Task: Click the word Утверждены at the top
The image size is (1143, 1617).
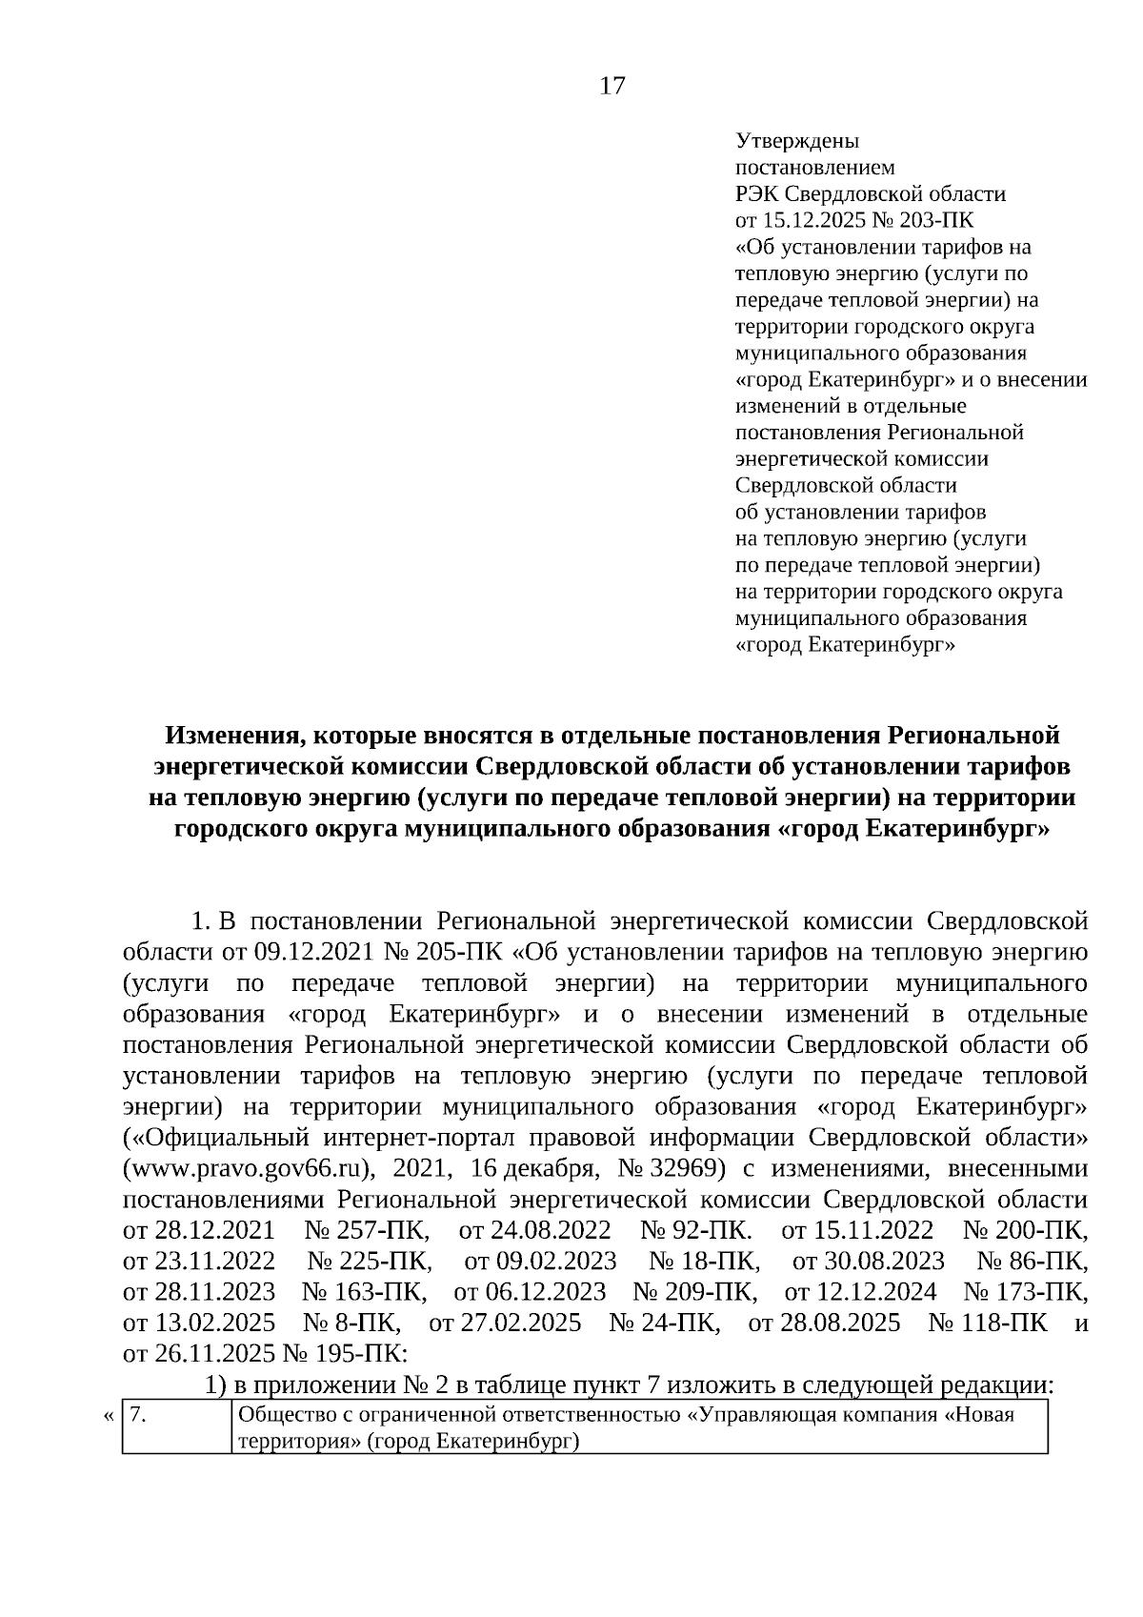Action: click(797, 141)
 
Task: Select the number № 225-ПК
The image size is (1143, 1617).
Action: click(371, 1261)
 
